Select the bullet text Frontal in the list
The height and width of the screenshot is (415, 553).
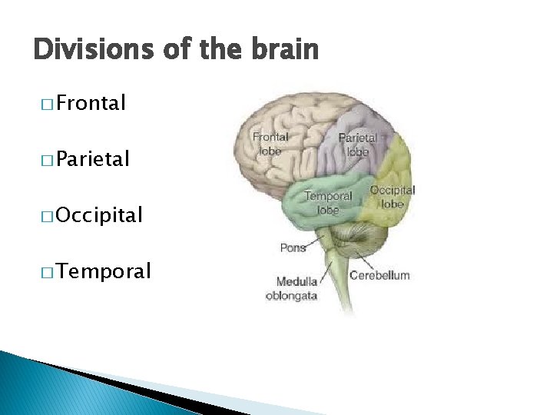coord(91,103)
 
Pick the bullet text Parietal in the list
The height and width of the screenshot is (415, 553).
coord(93,159)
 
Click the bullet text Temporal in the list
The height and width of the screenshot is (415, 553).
coord(103,271)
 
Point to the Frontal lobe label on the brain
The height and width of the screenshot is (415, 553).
coord(270,144)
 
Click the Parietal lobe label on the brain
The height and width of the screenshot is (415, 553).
coord(357,144)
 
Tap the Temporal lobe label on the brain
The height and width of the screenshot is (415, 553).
coord(328,202)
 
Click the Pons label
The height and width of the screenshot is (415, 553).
coord(293,247)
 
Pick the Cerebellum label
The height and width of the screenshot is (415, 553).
coord(379,274)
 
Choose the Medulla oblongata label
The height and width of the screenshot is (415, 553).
coord(292,289)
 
